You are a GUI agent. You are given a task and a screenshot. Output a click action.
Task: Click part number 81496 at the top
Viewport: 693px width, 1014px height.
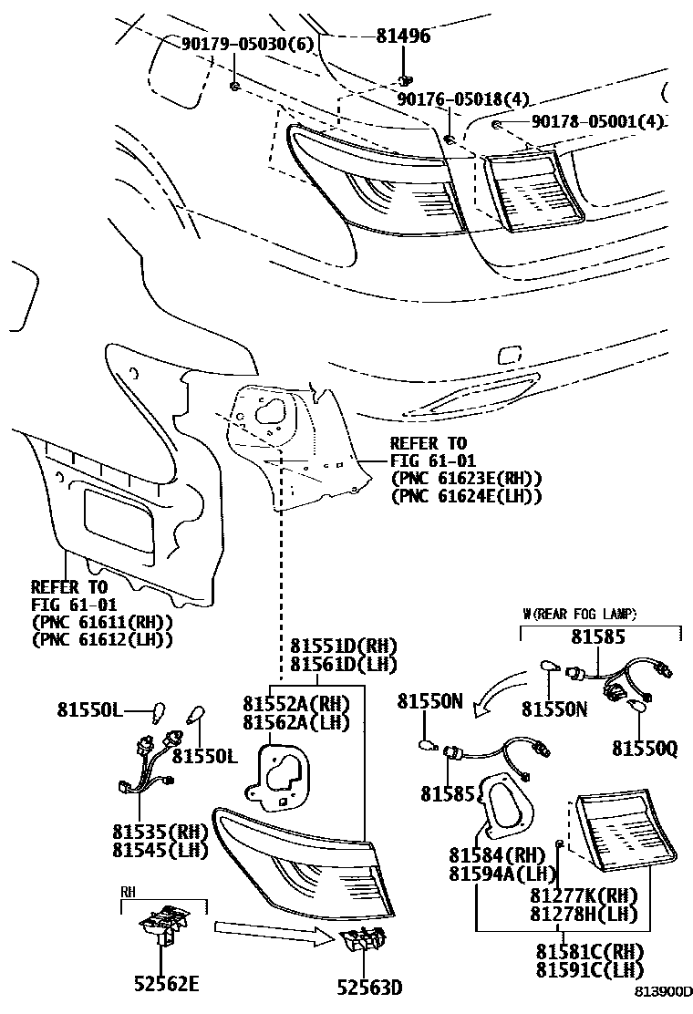[403, 36]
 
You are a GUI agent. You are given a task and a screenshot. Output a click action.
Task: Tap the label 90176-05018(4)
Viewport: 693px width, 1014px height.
[462, 98]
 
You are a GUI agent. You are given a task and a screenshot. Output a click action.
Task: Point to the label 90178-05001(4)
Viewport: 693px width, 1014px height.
[597, 120]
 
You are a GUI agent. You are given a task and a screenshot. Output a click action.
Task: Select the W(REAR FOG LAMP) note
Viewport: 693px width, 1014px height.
[579, 613]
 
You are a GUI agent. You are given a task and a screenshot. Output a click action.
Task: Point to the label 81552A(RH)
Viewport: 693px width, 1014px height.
[296, 703]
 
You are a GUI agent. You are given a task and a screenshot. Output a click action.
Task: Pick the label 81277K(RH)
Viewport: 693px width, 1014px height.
[584, 895]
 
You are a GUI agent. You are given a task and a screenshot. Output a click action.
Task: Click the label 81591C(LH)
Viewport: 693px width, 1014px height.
[588, 969]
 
